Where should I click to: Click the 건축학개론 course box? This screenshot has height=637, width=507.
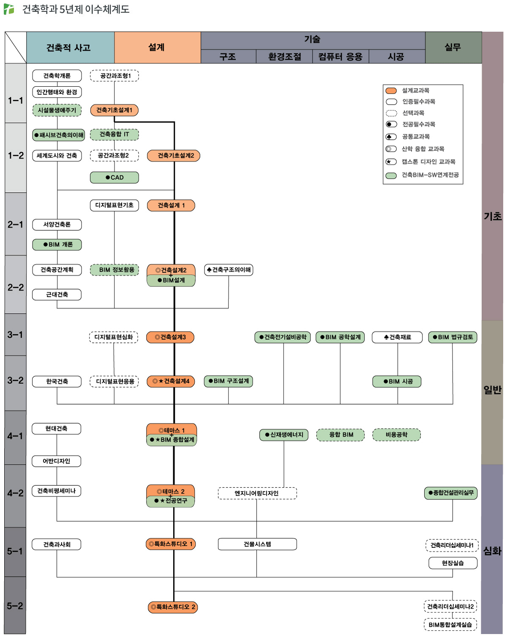coord(57,76)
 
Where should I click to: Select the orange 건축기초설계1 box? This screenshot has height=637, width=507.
coord(114,110)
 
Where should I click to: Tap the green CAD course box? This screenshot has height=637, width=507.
coord(114,178)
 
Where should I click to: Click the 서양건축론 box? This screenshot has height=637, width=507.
coord(57,224)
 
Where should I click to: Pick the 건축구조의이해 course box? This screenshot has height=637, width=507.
coord(229,270)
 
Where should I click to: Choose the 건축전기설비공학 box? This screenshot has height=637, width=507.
coord(283,337)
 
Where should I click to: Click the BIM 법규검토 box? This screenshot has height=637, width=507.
coord(452,337)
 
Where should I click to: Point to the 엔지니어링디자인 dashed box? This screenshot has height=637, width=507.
coord(257,493)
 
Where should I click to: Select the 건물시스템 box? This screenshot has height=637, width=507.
coord(257,544)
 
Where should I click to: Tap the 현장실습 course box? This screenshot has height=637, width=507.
coord(452,563)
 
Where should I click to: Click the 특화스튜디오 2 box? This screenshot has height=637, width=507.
coord(173,607)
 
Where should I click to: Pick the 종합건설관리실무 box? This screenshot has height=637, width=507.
coord(451,493)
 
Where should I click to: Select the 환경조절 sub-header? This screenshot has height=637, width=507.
coord(284,57)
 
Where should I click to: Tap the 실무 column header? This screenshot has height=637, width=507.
coord(453,47)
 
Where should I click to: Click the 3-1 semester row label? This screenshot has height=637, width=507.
coord(15,335)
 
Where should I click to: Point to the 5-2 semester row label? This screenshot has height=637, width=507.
coord(15,606)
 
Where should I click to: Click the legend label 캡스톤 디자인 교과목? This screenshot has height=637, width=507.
coord(428,161)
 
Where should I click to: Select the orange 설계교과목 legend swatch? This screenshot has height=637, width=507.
coord(391,90)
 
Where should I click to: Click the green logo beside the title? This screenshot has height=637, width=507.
coord(9,9)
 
